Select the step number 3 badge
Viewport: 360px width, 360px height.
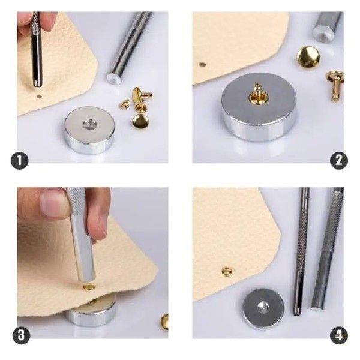click(x=21, y=335)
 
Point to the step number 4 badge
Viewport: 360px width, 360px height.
click(x=340, y=334)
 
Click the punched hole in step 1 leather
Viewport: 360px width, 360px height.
click(x=39, y=95)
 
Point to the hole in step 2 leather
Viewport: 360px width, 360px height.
click(x=202, y=64)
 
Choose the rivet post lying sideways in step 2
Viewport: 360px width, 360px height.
click(x=334, y=83)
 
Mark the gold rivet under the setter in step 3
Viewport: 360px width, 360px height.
click(x=89, y=287)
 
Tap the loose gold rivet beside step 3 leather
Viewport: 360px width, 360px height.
click(x=164, y=322)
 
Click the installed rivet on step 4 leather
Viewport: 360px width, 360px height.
click(x=227, y=272)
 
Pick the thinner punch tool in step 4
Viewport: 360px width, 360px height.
click(x=301, y=252)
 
